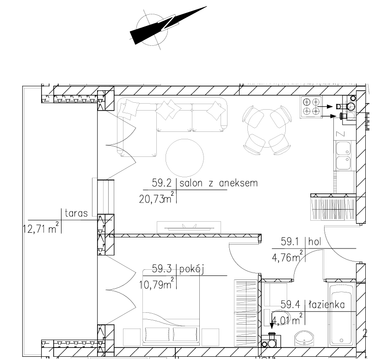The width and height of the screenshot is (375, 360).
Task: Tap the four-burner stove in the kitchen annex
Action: pos(311,107)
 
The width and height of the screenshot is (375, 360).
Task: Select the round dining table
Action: pos(266,129)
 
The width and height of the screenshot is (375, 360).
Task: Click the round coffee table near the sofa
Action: pos(184,158)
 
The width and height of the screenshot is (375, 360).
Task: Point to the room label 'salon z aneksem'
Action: pos(219,183)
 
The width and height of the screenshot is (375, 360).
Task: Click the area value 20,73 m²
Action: pos(156,198)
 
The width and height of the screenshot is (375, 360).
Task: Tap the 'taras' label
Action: pos(76,213)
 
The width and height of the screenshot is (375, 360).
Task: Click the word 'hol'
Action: pos(314,242)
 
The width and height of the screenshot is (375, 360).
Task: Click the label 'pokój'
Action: pos(191,269)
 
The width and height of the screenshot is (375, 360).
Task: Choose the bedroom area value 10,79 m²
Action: pos(156,284)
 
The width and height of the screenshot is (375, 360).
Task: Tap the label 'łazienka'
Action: pos(327,305)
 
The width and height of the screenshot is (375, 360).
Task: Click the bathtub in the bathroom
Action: pos(341,314)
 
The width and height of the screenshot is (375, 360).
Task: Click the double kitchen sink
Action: pos(344,156)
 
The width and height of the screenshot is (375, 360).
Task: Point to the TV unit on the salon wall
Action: pos(189,227)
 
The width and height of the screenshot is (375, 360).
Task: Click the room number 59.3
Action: pos(162,269)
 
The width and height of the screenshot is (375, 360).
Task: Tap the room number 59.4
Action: pos(290,304)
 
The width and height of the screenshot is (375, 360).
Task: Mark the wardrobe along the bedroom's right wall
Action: pos(246,312)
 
